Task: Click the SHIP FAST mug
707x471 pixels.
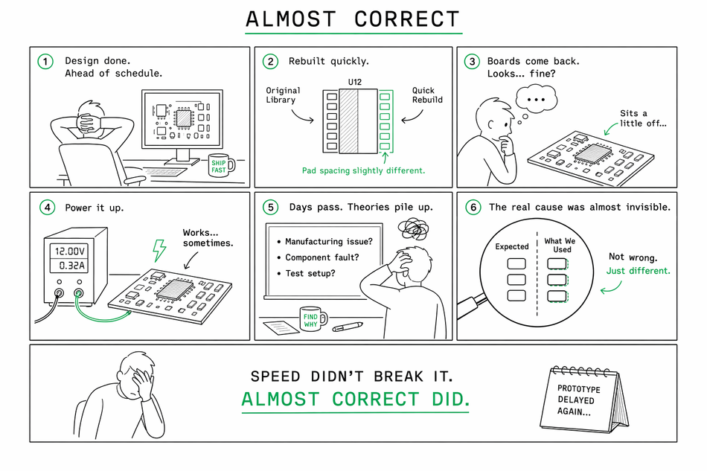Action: coord(221,166)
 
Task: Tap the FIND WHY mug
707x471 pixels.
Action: coord(313,319)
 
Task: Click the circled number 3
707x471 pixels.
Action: coord(472,61)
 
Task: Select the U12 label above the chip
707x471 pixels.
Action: coord(355,82)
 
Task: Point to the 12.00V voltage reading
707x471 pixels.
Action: coord(69,251)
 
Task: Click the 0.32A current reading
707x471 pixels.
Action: coord(71,266)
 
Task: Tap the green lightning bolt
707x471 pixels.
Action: coord(159,250)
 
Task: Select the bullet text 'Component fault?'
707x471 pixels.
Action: coord(322,257)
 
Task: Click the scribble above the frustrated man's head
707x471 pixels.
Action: coord(414,229)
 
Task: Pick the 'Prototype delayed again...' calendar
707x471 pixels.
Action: coord(584,400)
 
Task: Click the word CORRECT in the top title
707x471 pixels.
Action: coord(406,19)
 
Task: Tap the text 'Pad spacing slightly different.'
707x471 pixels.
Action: coord(363,170)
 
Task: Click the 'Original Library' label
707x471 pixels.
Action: coord(283,95)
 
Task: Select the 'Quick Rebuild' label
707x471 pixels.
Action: coord(427,95)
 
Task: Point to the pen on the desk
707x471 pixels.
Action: coord(348,327)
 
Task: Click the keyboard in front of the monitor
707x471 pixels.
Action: coord(165,172)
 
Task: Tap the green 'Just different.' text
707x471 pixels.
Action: coord(638,270)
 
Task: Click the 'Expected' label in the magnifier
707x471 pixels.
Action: coord(512,246)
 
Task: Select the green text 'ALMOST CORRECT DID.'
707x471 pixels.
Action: coord(355,399)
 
